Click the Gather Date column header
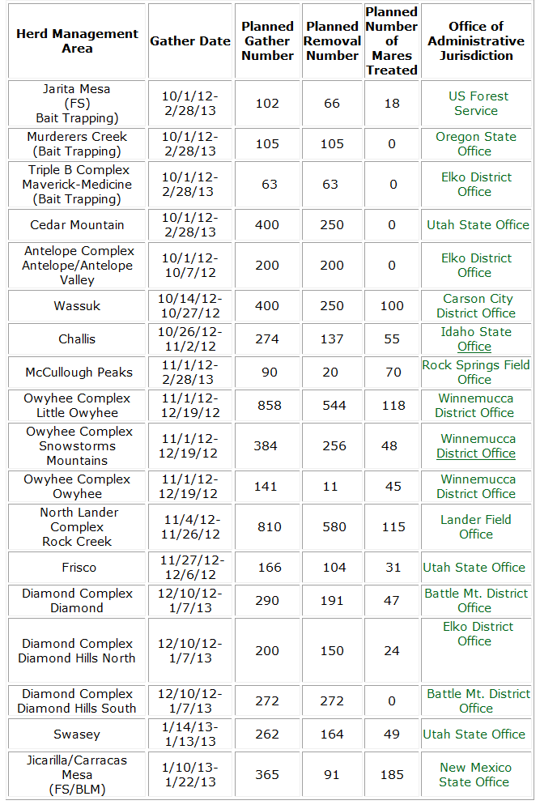point(190,41)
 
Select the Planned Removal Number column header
point(332,41)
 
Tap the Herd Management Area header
point(78,41)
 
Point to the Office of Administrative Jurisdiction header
point(476,41)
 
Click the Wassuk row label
point(78,306)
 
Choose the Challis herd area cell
point(78,339)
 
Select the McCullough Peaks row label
point(78,373)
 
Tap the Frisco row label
point(79,568)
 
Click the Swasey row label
point(78,734)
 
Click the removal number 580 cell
point(332,527)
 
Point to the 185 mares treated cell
point(392,775)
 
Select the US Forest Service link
point(476,104)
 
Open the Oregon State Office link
point(475,144)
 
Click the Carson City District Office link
point(477,306)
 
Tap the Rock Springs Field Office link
point(476,373)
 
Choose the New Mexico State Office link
point(475,775)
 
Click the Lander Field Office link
point(476,527)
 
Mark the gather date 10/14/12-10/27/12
point(190,306)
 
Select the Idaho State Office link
point(475,339)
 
